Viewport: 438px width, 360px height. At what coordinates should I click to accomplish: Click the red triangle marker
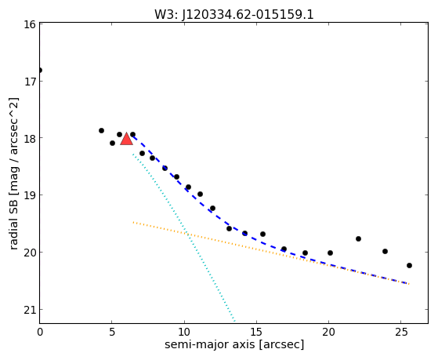tap(126, 140)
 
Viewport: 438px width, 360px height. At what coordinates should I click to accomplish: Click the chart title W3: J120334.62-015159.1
tap(234, 15)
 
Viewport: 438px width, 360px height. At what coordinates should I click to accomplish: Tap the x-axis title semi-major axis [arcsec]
tap(234, 344)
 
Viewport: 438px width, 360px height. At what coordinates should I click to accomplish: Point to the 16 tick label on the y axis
tap(29, 24)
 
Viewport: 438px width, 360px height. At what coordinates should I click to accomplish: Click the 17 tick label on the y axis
tap(29, 82)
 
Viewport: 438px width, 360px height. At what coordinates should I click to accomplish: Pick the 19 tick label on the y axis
tap(29, 195)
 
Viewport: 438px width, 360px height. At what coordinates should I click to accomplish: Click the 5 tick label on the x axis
tap(112, 332)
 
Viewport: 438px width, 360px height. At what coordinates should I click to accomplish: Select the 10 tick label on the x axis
tap(184, 332)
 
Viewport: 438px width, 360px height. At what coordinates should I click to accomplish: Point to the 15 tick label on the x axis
tap(256, 332)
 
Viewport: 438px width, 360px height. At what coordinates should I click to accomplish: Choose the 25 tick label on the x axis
tap(401, 332)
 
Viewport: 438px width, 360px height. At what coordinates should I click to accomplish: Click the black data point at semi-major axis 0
tap(40, 70)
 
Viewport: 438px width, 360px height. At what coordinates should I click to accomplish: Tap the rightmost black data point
tap(409, 265)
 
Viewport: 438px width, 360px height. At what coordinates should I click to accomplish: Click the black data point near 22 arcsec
tap(358, 238)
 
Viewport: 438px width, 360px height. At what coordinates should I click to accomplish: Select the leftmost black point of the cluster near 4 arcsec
tap(101, 130)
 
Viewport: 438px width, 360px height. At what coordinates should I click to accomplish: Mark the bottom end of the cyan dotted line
tap(234, 321)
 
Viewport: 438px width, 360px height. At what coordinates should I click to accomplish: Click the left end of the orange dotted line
tap(133, 222)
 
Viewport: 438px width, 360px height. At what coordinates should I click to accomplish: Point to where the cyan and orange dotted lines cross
tap(186, 233)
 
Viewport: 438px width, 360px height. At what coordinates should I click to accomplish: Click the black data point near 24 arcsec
tap(385, 251)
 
